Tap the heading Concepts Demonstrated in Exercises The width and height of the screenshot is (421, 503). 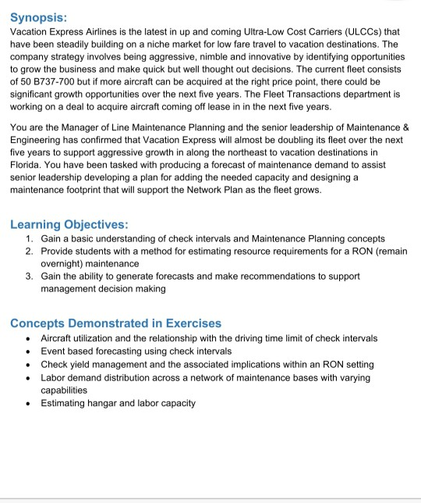click(115, 323)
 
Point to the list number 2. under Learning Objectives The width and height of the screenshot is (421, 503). click(29, 251)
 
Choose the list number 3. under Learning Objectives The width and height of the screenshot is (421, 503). click(29, 276)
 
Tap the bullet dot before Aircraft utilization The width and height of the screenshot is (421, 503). click(28, 338)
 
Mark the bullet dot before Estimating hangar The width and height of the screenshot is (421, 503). click(28, 403)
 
